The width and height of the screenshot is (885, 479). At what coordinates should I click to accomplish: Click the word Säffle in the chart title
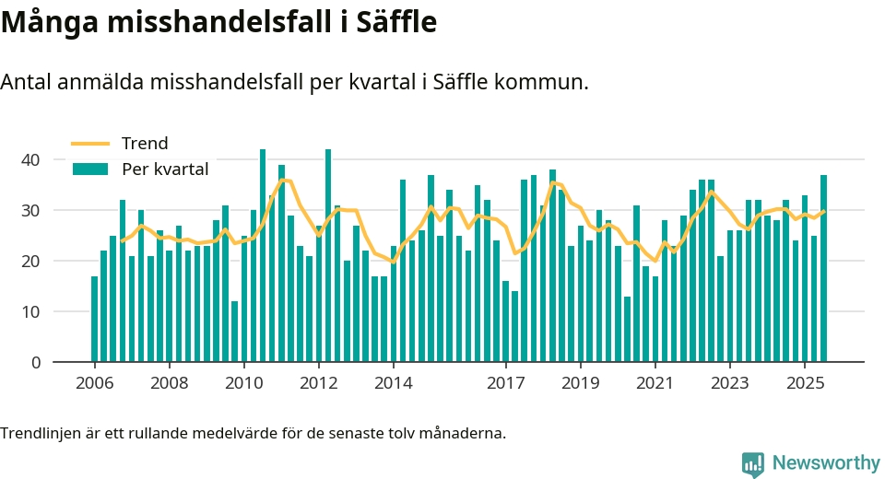(x=391, y=22)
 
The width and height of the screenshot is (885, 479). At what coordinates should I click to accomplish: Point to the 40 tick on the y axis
(x=31, y=160)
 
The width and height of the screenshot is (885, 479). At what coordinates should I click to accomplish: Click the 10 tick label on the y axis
(x=31, y=312)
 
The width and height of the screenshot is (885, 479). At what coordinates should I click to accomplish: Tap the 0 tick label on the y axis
(x=37, y=363)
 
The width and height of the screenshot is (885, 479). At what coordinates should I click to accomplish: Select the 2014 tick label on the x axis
(x=394, y=383)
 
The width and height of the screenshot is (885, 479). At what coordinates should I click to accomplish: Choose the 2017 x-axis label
(x=506, y=383)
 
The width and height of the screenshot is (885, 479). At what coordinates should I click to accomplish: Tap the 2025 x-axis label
(x=805, y=383)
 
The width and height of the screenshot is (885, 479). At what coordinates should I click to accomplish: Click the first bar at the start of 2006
(x=94, y=319)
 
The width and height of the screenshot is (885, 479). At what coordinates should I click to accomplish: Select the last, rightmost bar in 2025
(x=823, y=269)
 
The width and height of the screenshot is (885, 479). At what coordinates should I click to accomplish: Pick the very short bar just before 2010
(x=235, y=332)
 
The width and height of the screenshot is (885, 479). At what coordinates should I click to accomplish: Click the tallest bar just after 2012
(x=328, y=256)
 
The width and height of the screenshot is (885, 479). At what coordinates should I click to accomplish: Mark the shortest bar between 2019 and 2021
(x=627, y=330)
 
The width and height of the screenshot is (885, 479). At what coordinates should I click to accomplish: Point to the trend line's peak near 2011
(x=286, y=181)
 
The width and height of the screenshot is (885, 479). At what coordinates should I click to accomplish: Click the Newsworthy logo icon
(x=753, y=463)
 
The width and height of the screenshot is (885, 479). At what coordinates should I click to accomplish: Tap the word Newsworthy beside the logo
(x=823, y=462)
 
